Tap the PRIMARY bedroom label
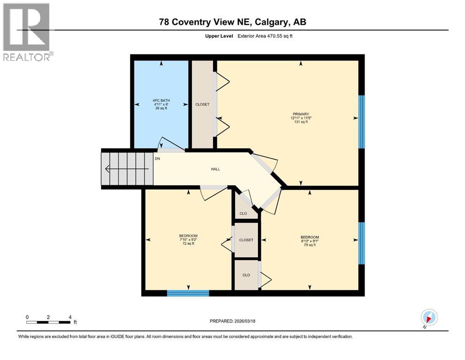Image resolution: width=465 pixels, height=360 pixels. click(x=300, y=113)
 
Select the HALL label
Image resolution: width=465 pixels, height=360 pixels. click(x=215, y=169)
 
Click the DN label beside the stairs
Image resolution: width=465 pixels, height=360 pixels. click(x=157, y=158)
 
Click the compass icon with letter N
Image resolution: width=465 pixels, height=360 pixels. click(x=428, y=317)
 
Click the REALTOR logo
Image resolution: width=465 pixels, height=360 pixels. click(x=27, y=31)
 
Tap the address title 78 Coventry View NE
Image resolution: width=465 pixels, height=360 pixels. click(x=232, y=22)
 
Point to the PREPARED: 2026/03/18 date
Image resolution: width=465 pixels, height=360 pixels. click(x=232, y=321)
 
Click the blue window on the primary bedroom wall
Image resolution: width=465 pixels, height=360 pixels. click(x=361, y=122)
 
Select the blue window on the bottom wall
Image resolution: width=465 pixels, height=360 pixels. click(x=188, y=293)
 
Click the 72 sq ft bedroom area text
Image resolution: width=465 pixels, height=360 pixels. click(x=188, y=244)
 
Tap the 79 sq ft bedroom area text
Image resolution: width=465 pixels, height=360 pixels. click(x=310, y=245)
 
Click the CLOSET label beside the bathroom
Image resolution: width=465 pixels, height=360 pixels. click(x=202, y=105)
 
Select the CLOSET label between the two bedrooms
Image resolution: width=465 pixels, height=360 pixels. click(x=246, y=240)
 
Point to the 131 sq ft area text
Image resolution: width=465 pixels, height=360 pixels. click(x=300, y=122)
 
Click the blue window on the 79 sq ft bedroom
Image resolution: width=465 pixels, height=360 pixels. click(x=361, y=243)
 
